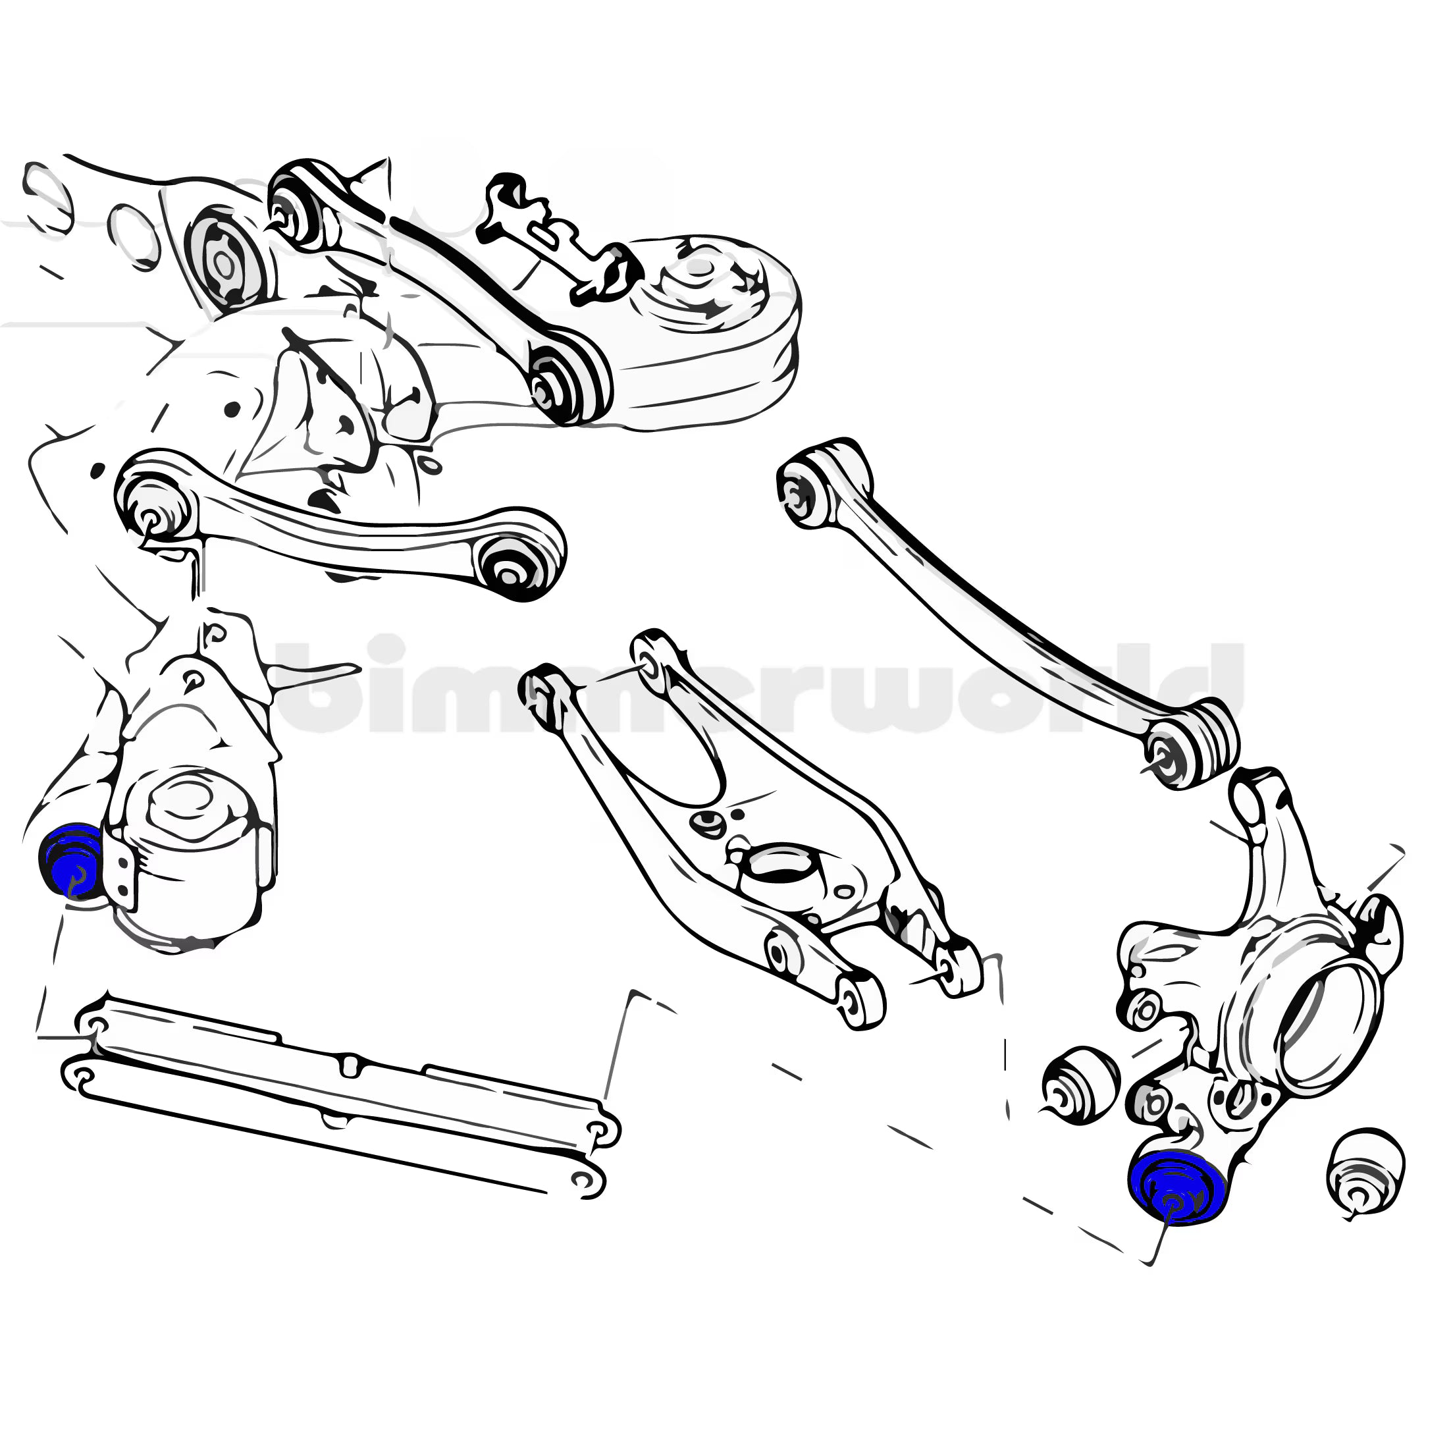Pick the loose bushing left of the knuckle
pos(1080,1086)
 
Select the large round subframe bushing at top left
pos(223,261)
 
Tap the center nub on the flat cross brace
pos(350,1064)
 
